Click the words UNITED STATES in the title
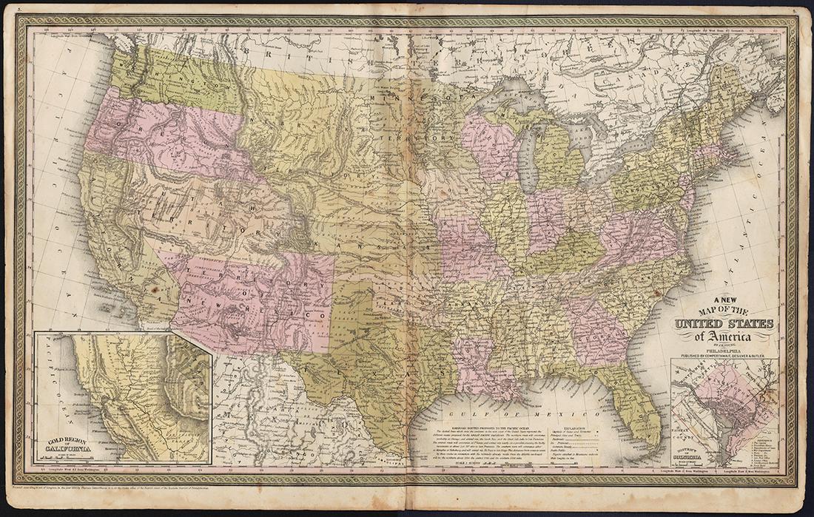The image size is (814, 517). point(723,325)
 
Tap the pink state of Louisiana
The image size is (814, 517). point(474,362)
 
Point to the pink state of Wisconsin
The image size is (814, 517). point(488,144)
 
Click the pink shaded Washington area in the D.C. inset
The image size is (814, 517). point(733,399)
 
